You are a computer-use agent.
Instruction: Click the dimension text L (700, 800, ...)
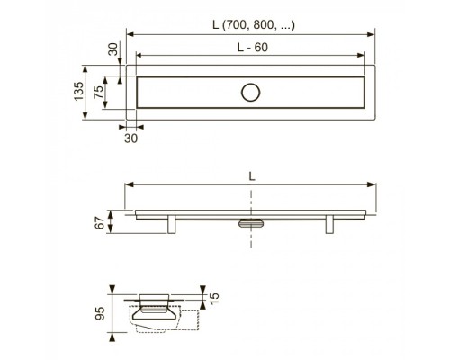(254, 25)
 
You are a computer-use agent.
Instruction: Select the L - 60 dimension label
(253, 48)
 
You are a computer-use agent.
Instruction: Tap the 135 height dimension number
(79, 91)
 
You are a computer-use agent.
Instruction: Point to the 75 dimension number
(98, 92)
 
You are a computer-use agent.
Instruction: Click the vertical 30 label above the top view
(113, 49)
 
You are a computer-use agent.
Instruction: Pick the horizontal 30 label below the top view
(131, 139)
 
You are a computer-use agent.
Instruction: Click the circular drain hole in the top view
(250, 93)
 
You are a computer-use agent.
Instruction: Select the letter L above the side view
(252, 176)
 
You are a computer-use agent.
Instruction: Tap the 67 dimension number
(100, 222)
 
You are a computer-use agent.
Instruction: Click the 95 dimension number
(100, 313)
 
